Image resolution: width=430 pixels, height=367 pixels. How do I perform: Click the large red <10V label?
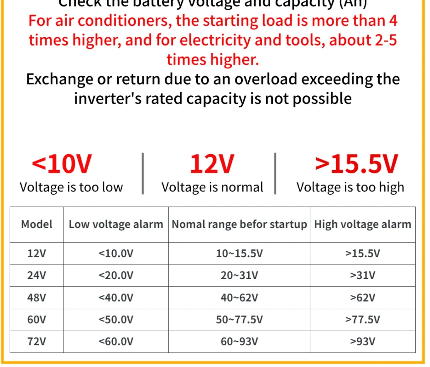tap(62, 164)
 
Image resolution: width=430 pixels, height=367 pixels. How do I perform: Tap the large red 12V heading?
tap(212, 164)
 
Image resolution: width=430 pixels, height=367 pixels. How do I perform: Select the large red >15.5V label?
tap(356, 164)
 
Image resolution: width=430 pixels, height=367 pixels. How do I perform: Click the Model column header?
tap(36, 224)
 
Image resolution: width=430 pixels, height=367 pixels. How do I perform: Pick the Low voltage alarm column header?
tap(116, 224)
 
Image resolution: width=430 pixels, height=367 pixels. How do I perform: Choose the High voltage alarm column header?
tap(362, 224)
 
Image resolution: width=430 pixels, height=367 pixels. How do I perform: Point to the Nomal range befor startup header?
tap(239, 224)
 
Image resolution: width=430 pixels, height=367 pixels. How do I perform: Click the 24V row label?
tap(36, 275)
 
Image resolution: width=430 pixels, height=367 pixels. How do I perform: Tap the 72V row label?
tap(36, 341)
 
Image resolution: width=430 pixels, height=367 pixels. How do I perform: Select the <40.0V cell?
tap(116, 297)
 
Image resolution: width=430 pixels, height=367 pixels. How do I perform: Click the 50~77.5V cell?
tap(239, 319)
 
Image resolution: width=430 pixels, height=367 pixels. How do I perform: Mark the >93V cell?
tap(362, 341)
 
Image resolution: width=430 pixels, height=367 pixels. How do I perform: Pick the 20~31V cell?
tap(239, 275)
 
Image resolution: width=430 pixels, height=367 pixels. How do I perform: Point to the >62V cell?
tap(362, 297)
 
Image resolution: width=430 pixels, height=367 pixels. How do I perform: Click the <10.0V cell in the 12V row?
tap(116, 253)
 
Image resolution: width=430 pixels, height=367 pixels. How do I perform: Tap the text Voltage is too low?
tap(71, 187)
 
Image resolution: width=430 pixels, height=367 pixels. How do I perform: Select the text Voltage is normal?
tap(212, 187)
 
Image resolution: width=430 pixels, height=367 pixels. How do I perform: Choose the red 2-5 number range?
tap(386, 40)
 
